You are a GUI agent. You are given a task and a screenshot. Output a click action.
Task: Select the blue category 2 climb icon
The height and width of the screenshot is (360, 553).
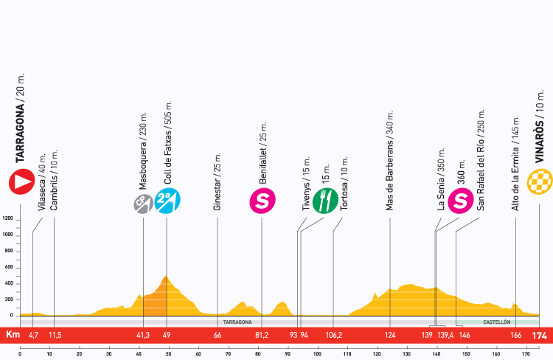tap(168, 201)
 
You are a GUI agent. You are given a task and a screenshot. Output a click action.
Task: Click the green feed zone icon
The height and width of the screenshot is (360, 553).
tap(324, 201)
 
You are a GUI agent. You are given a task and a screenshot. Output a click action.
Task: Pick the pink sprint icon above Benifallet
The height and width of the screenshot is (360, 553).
tap(262, 201)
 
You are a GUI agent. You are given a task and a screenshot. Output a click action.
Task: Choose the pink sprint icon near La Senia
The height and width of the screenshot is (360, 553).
tap(461, 201)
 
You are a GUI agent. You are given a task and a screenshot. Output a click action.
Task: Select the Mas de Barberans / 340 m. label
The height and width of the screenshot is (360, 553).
tap(389, 162)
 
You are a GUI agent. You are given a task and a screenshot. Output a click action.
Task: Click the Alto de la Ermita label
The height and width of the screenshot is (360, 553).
tap(515, 164)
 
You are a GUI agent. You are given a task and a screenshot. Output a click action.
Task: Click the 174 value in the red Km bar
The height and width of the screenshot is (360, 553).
tap(542, 336)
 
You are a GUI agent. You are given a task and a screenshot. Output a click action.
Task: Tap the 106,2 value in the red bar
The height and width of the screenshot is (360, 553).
tap(333, 336)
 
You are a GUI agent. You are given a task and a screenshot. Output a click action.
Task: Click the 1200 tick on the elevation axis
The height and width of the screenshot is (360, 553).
tap(8, 218)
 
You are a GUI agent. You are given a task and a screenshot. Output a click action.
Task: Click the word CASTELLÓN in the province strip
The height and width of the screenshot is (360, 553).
tap(497, 322)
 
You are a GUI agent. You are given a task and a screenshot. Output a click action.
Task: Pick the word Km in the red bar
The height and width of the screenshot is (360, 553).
tap(11, 336)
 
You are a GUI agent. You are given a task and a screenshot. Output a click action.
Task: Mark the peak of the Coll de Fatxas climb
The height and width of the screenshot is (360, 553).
tap(167, 277)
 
